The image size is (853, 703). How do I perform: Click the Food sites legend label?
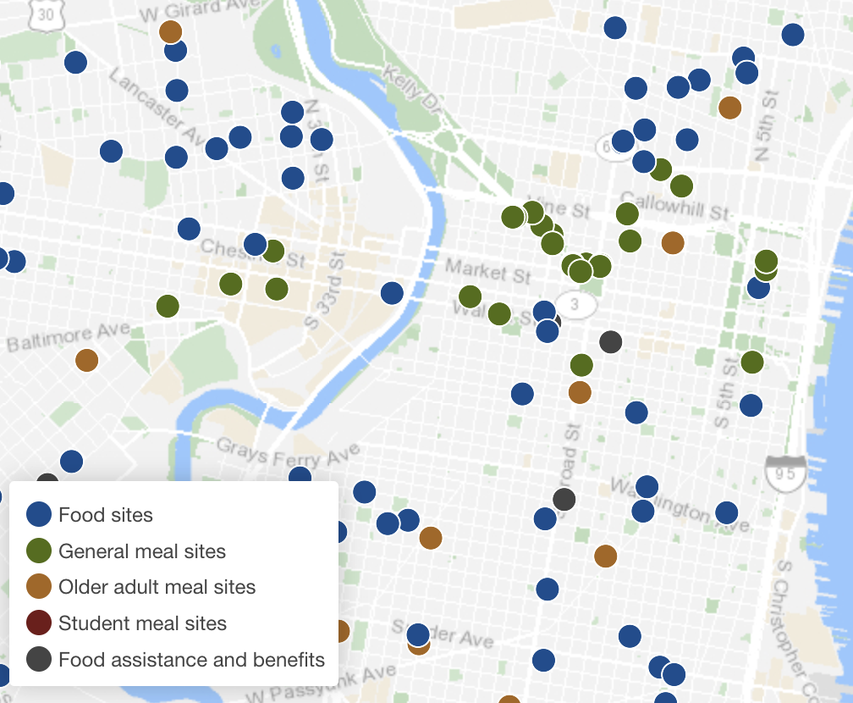coord(106,514)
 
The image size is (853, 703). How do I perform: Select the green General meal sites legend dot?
coord(40,551)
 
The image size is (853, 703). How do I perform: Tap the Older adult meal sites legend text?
coord(157,587)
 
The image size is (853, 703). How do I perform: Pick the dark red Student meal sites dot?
coord(40,623)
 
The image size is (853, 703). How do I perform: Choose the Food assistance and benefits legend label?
coord(191,660)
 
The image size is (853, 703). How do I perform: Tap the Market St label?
coord(488,271)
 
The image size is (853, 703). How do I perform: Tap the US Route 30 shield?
coord(43,15)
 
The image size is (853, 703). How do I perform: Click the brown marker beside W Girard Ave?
coord(171,32)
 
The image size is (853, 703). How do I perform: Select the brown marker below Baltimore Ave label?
coord(86,360)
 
